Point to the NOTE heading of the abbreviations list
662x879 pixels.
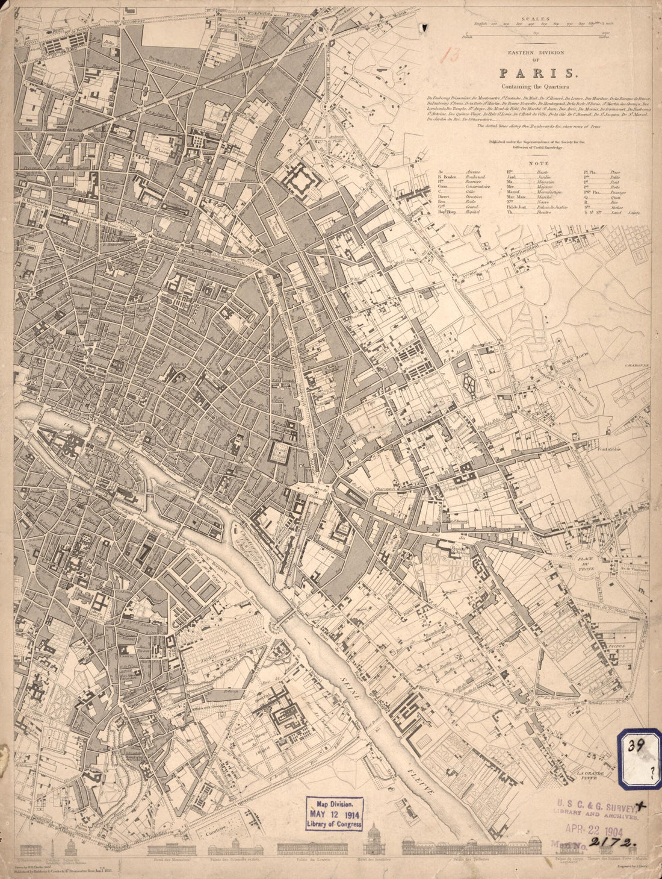537,163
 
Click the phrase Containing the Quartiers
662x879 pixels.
537,88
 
